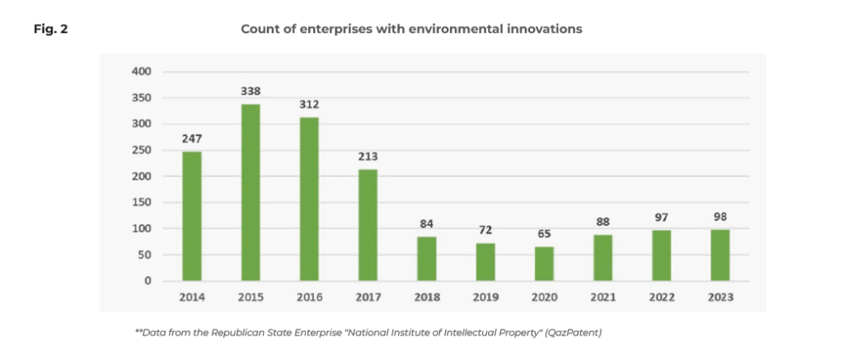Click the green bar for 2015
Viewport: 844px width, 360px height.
[x=251, y=192]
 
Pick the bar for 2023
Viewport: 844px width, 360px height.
[x=720, y=255]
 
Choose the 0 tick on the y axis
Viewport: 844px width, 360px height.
[x=148, y=281]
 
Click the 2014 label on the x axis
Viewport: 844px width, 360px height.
[x=192, y=297]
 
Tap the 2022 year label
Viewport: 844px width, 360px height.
[x=661, y=297]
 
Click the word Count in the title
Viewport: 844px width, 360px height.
[x=258, y=30]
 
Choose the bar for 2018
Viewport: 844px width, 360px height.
[x=427, y=259]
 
